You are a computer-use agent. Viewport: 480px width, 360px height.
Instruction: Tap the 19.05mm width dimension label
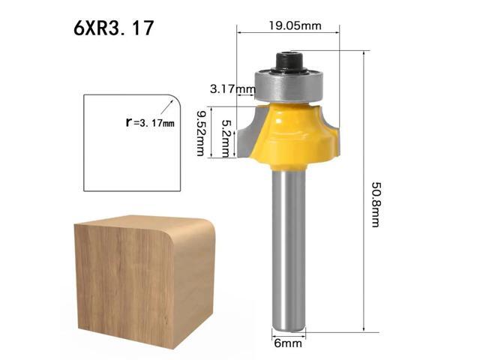(x=295, y=25)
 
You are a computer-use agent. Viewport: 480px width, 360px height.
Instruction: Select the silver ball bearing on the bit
(x=288, y=83)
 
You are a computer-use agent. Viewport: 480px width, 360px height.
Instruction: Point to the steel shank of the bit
(x=288, y=247)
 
